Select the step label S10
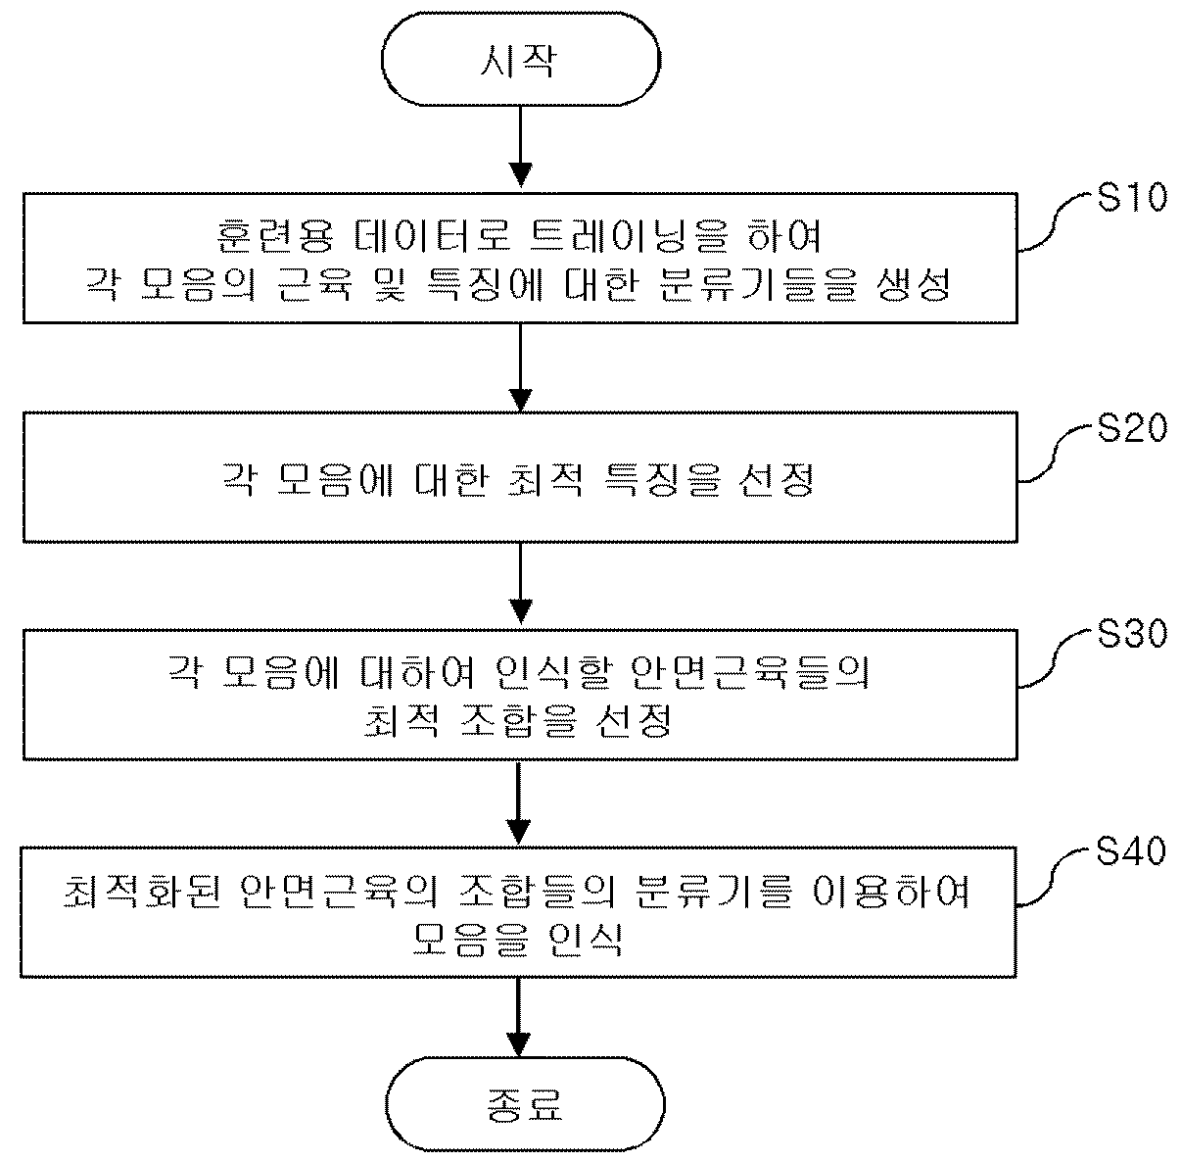pyautogui.click(x=1131, y=198)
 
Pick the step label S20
pyautogui.click(x=1131, y=427)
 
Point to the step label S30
pyautogui.click(x=1131, y=633)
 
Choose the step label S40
pyautogui.click(x=1130, y=851)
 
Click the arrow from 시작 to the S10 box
pyautogui.click(x=520, y=147)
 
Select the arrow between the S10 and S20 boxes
pyautogui.click(x=520, y=367)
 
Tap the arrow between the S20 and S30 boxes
pyautogui.click(x=520, y=583)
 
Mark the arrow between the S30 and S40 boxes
pyautogui.click(x=519, y=803)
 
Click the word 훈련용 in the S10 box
pyautogui.click(x=275, y=236)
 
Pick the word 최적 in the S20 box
pyautogui.click(x=544, y=479)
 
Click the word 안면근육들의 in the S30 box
pyautogui.click(x=749, y=673)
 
